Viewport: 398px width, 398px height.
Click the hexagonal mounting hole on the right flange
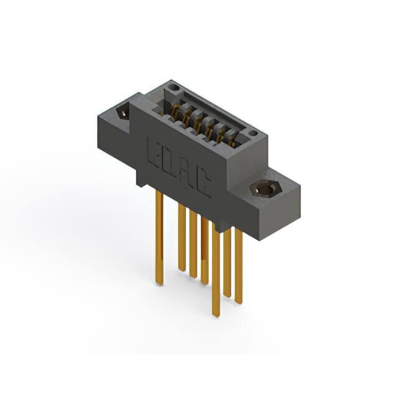264,188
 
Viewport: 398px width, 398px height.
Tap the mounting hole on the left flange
123,113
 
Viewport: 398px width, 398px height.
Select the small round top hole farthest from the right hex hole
175,88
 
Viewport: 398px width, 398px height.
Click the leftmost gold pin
159,238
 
